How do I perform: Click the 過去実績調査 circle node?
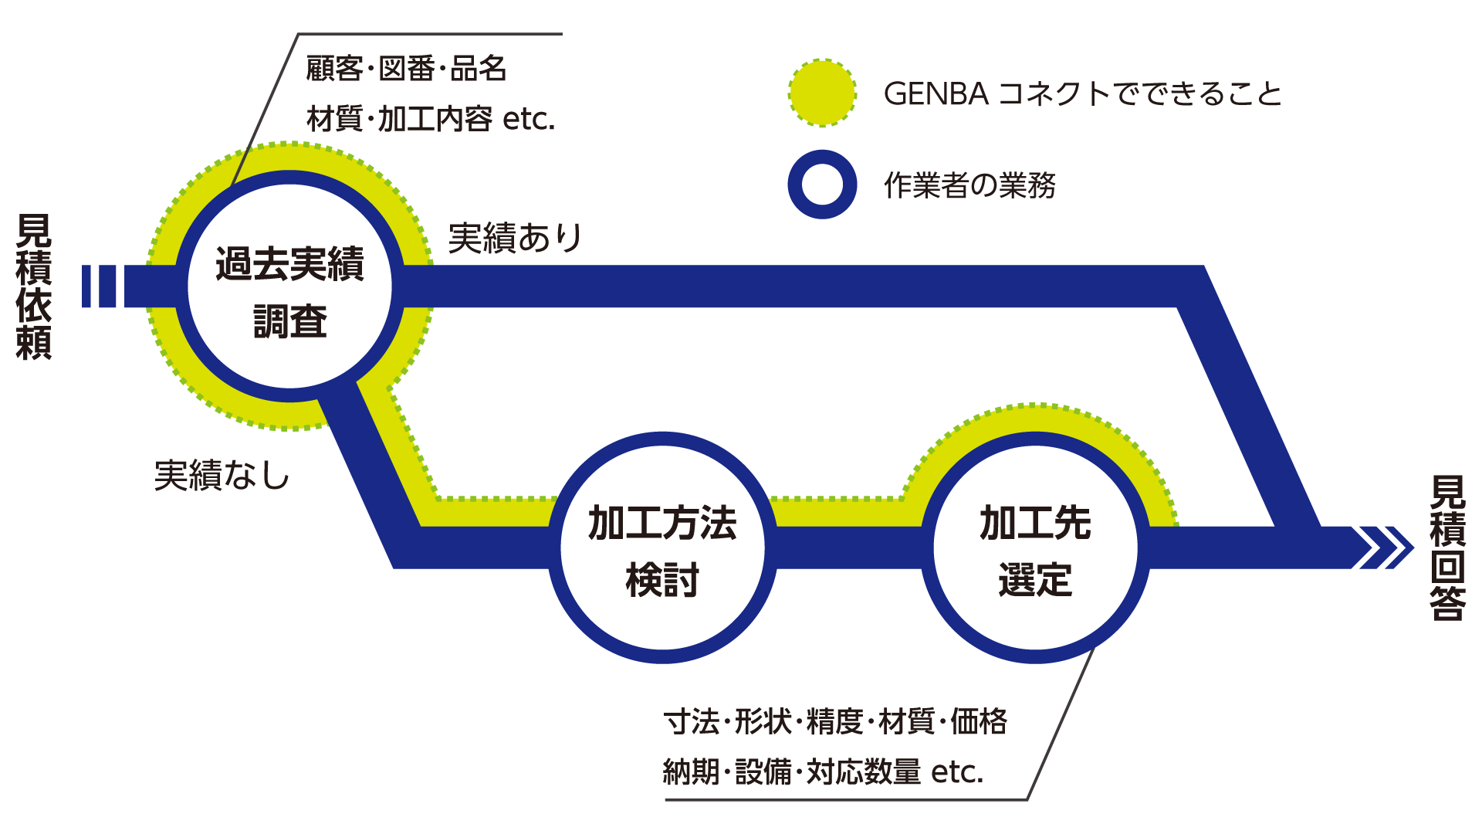[x=289, y=286]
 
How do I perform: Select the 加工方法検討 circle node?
[x=662, y=548]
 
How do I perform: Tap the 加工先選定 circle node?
[x=1035, y=548]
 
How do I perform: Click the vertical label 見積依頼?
[x=34, y=286]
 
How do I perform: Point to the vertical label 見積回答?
[x=1447, y=548]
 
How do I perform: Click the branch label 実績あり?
[x=515, y=238]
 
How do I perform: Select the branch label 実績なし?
[x=222, y=475]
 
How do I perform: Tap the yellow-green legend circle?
[x=822, y=93]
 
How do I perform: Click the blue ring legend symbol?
[x=822, y=185]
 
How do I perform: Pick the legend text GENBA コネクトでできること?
[x=1082, y=94]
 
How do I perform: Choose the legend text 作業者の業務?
[x=969, y=185]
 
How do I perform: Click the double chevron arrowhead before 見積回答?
[x=1386, y=548]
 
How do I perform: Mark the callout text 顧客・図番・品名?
[x=406, y=69]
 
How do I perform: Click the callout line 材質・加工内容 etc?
[x=431, y=119]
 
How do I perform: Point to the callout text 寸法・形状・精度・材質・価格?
[x=835, y=721]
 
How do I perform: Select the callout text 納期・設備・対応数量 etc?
[x=823, y=771]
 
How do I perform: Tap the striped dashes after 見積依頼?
[x=99, y=286]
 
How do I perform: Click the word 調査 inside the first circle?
[x=290, y=321]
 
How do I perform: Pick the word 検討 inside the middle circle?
[x=662, y=580]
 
